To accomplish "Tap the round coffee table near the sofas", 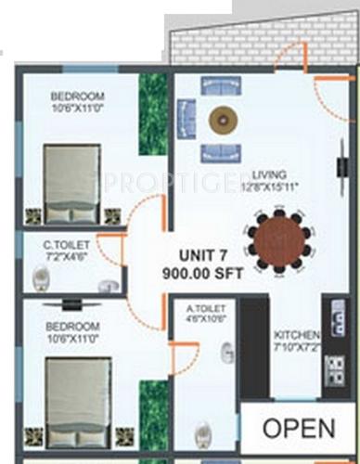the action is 223,119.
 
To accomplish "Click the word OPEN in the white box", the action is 298,428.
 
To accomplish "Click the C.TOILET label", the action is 64,245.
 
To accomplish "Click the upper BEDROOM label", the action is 78,96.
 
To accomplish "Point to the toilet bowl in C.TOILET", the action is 41,276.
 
